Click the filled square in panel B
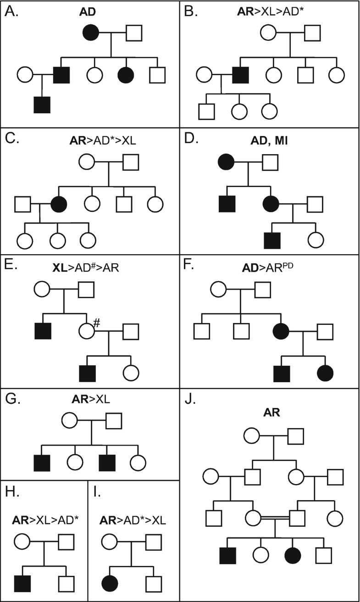(240, 74)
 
